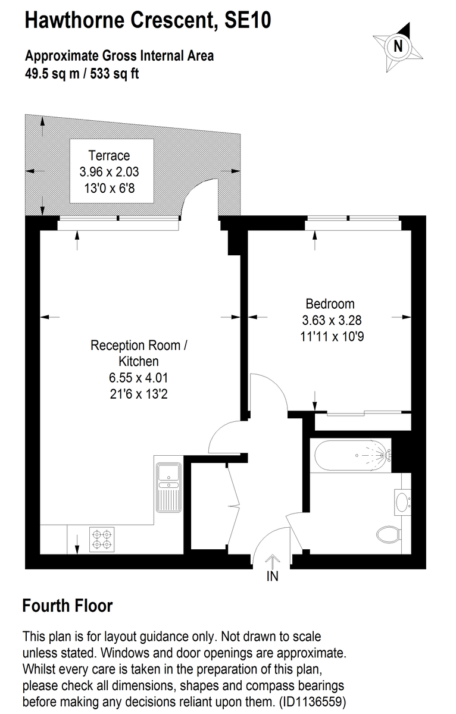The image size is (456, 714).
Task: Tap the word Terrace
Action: [109, 156]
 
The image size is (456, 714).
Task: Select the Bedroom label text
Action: [330, 303]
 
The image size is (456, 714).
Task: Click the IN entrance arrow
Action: [272, 561]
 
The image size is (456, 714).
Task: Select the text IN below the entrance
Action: [272, 577]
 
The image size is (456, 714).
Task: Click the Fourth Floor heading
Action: [67, 606]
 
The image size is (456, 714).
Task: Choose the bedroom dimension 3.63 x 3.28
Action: [332, 320]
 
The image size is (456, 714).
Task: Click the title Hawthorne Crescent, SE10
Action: [148, 20]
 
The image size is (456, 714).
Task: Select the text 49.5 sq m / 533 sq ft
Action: [82, 74]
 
